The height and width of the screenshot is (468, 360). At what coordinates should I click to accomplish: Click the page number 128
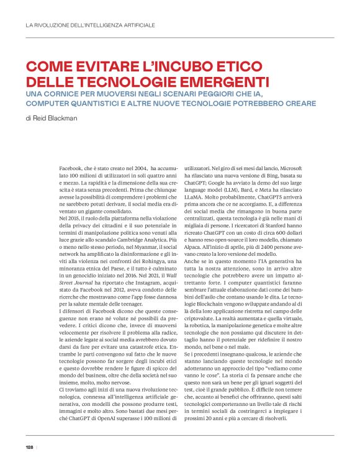coord(29,447)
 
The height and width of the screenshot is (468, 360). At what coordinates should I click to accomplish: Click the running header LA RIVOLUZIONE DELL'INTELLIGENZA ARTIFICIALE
coord(90,25)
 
